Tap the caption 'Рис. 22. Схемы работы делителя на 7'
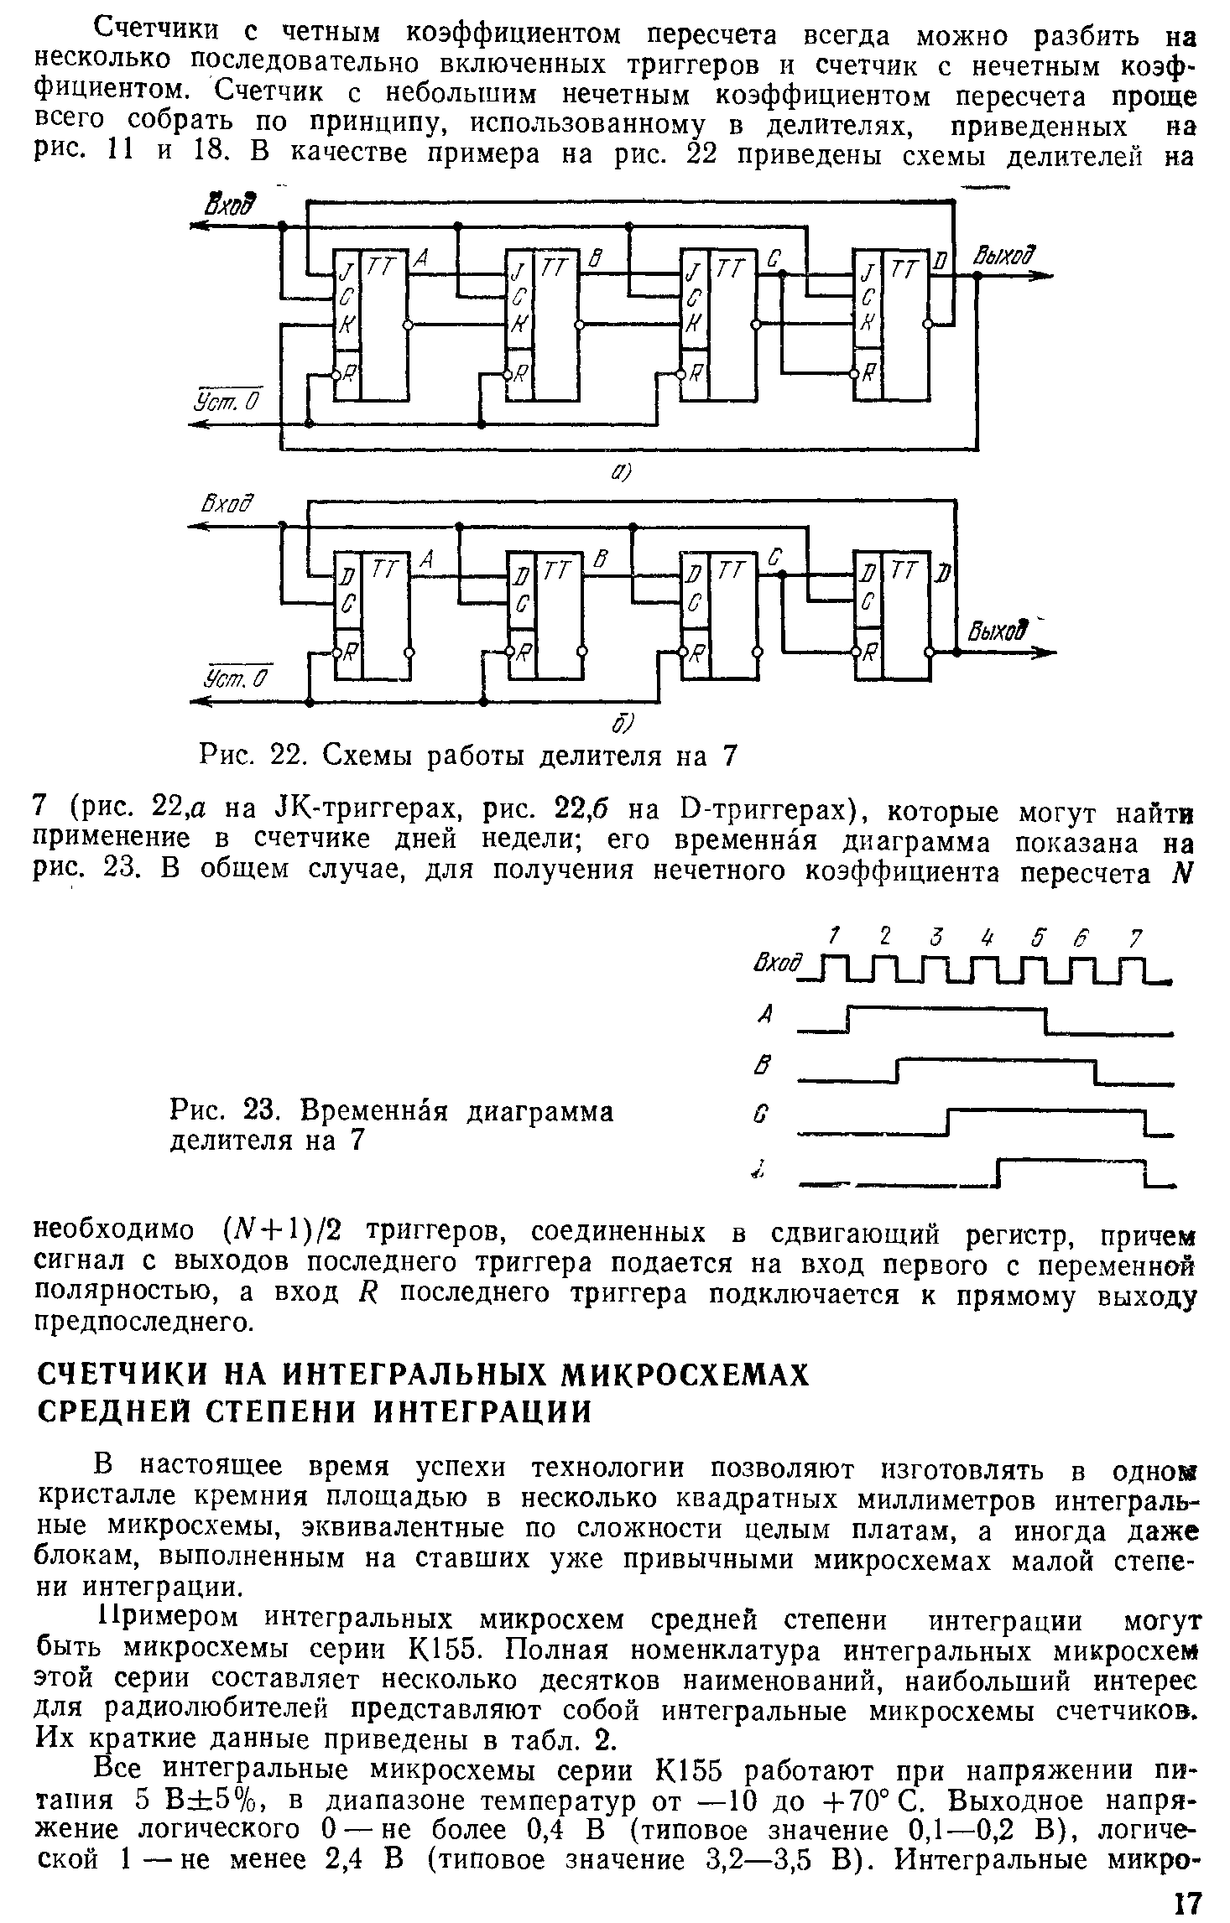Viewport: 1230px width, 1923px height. (466, 757)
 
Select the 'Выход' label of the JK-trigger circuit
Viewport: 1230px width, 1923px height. (1003, 256)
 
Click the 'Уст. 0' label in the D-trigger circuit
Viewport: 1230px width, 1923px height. (232, 675)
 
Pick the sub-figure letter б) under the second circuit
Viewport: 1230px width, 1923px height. (627, 722)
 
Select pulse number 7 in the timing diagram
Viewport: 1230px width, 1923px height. (1134, 935)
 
